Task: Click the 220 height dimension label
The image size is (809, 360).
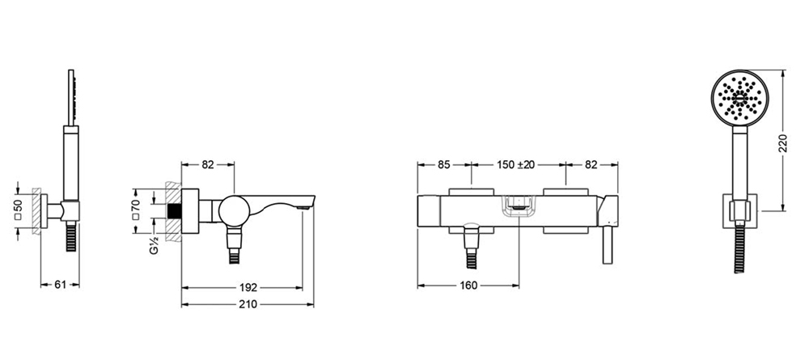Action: click(x=782, y=143)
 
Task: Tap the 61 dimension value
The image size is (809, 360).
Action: click(x=61, y=285)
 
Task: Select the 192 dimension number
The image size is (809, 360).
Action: click(x=248, y=287)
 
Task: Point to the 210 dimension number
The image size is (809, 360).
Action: click(x=248, y=304)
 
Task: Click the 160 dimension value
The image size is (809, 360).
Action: click(x=468, y=286)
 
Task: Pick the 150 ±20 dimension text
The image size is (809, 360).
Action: click(x=516, y=165)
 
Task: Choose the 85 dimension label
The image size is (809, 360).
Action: click(x=443, y=165)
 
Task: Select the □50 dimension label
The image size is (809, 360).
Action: click(x=19, y=210)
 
